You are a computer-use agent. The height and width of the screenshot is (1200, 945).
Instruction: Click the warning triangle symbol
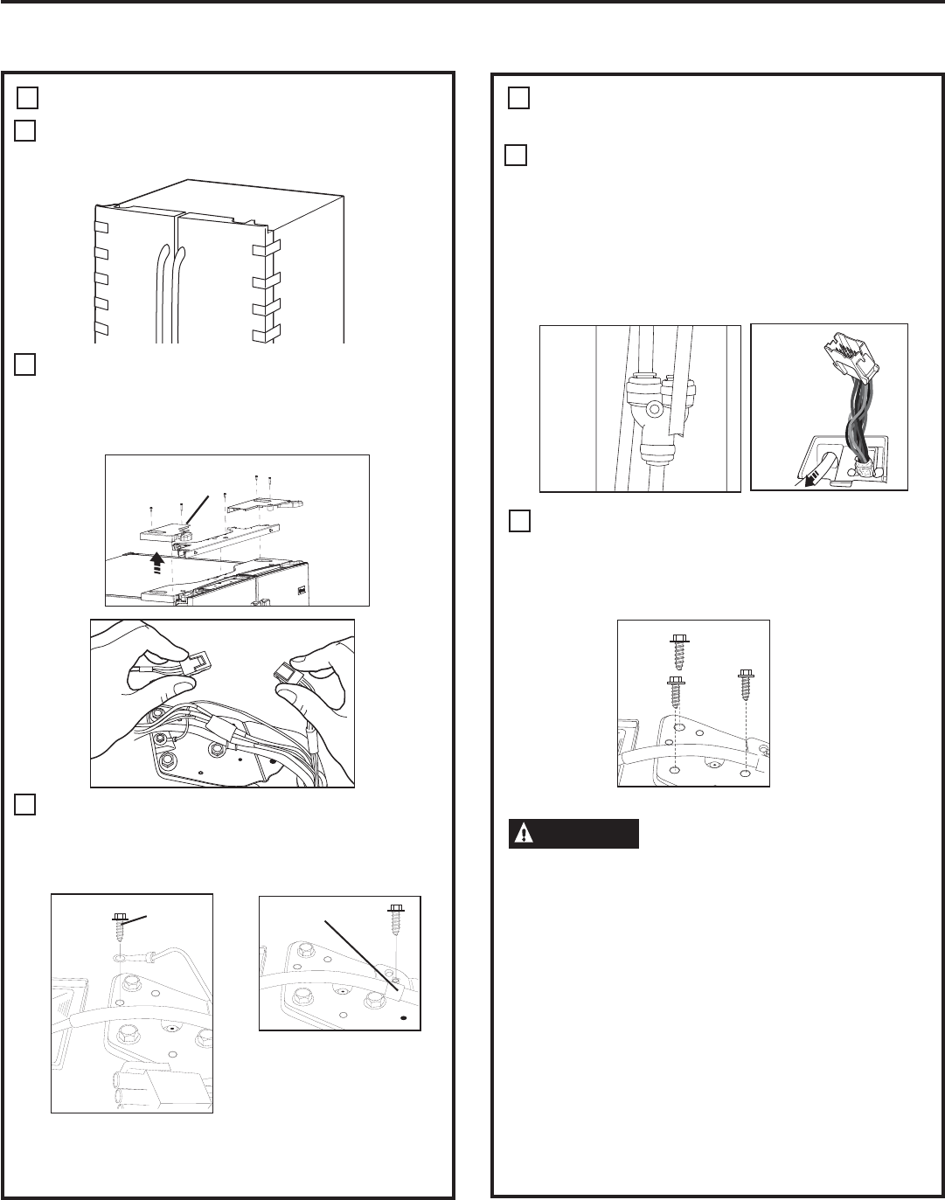click(523, 834)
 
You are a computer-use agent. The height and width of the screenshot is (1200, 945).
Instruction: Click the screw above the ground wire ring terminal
click(121, 929)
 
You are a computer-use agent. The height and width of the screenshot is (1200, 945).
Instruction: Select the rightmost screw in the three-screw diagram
click(746, 687)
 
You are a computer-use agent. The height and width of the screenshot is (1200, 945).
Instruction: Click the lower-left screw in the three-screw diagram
click(676, 694)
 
